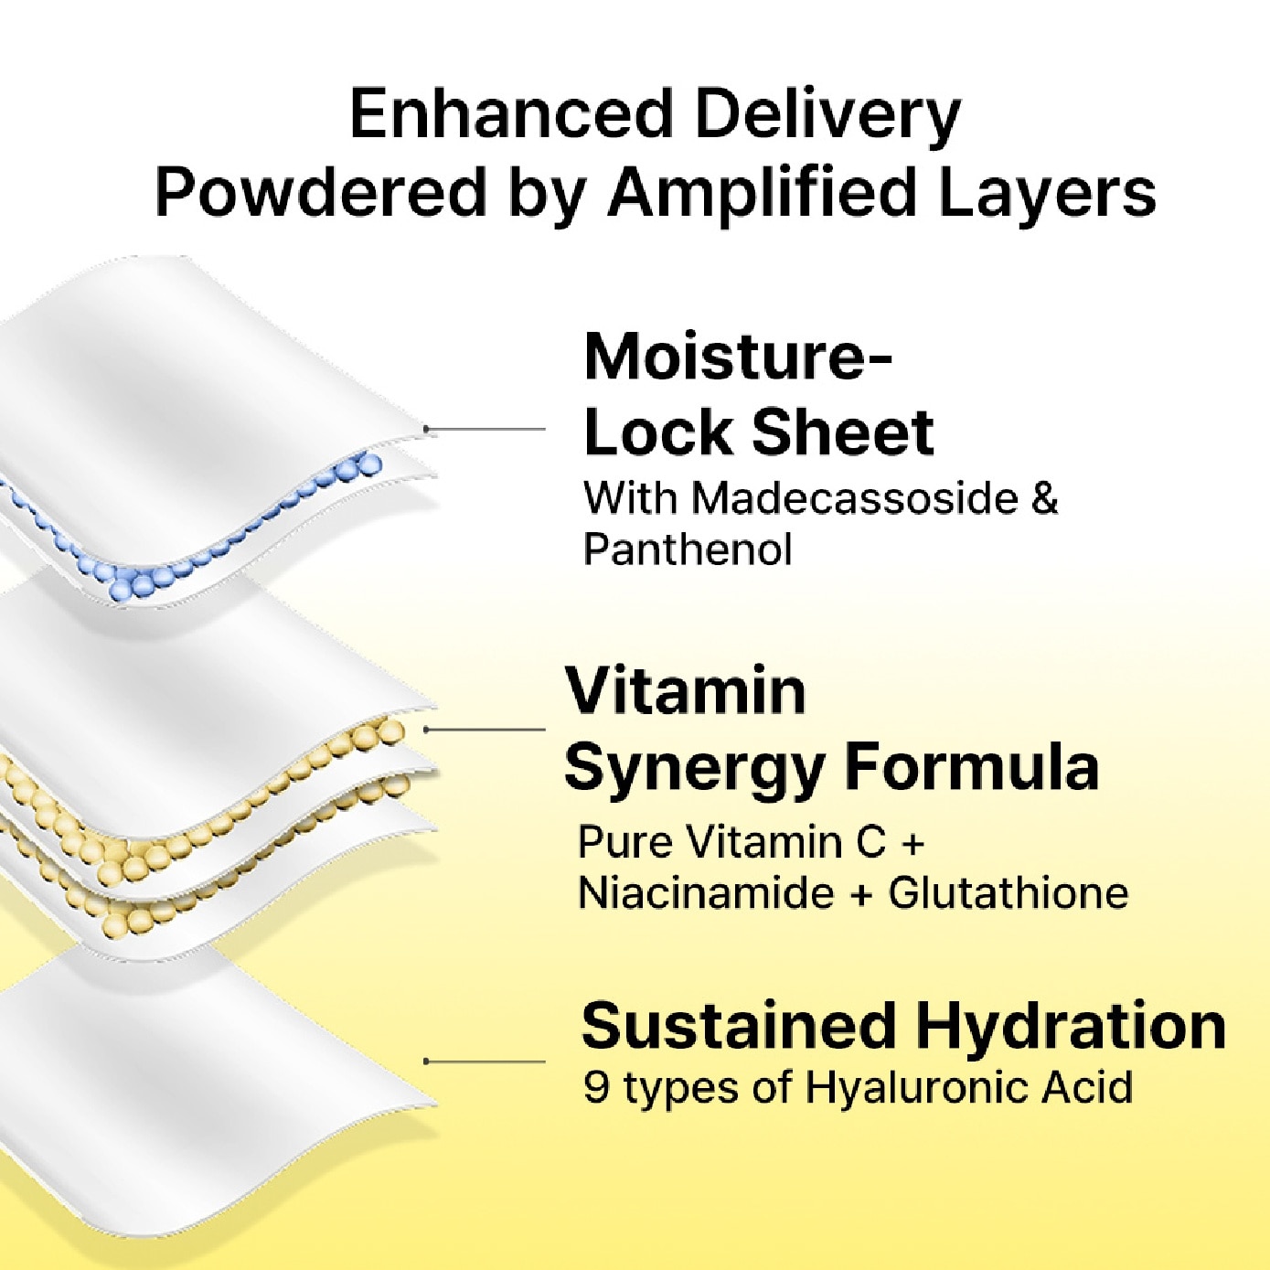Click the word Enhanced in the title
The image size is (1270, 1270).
[507, 114]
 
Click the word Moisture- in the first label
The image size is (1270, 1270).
[738, 358]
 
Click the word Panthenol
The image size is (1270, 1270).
[688, 549]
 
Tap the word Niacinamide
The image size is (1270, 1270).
[706, 893]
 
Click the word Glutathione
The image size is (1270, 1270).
[1009, 893]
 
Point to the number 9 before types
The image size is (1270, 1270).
[596, 1088]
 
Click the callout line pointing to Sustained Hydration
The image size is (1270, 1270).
[486, 1062]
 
